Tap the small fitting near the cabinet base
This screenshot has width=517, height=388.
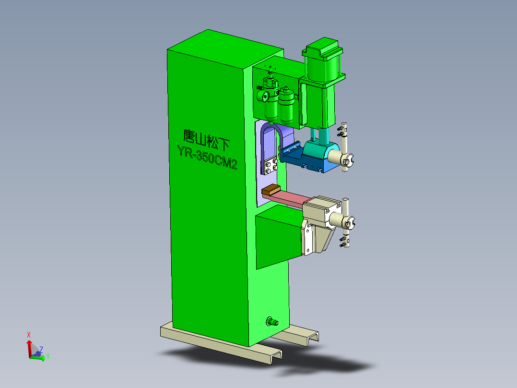272,321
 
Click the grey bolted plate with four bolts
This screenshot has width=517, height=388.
270,165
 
